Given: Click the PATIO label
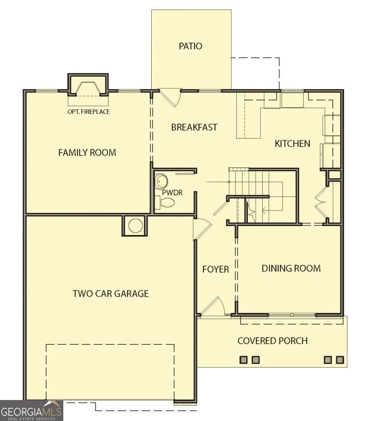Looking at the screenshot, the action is tap(190, 46).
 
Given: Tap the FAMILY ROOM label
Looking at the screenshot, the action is tap(87, 153).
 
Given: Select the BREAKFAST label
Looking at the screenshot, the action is tap(194, 127).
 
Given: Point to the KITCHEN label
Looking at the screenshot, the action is tap(292, 143).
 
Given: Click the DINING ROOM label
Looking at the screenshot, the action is tap(291, 268).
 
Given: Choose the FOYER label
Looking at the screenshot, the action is tap(215, 269).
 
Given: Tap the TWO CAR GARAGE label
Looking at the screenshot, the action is tap(111, 294).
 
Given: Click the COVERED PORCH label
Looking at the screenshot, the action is tap(273, 341).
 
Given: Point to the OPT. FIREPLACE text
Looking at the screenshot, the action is tap(88, 111).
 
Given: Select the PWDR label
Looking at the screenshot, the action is tap(172, 192).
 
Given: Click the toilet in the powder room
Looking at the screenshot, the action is tap(165, 202).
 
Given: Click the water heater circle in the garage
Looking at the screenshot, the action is tap(135, 226).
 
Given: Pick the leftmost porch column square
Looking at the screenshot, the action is tap(243, 360).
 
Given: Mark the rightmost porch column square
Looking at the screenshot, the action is tap(340, 360).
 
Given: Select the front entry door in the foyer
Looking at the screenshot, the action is tap(213, 306).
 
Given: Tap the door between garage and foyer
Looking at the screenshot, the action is tap(203, 228).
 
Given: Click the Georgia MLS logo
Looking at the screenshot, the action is tap(31, 411).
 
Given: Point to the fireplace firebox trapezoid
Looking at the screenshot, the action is tap(88, 89).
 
